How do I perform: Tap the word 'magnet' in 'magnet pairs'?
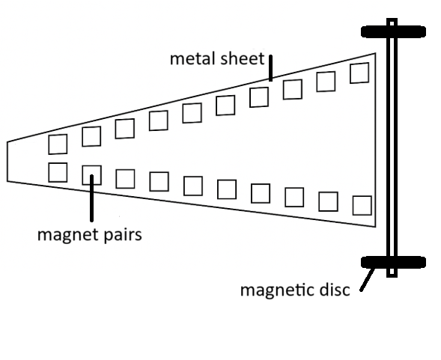[x=68, y=235]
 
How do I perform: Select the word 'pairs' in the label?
[x=123, y=235]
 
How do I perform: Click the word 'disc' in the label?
[x=335, y=290]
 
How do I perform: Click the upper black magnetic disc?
[x=393, y=31]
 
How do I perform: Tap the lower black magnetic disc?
[x=393, y=262]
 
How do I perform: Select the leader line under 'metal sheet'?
[x=270, y=68]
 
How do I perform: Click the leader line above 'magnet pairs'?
[x=91, y=198]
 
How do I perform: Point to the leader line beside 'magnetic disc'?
[x=368, y=280]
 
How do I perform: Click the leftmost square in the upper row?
[x=58, y=144]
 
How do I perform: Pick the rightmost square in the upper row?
[x=359, y=73]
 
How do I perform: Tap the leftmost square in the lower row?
[x=58, y=172]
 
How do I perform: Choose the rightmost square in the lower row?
[x=362, y=206]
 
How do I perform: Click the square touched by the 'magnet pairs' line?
[x=91, y=175]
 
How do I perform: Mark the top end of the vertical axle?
[x=392, y=19]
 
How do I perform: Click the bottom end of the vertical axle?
[x=392, y=276]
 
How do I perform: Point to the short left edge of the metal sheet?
[x=7, y=162]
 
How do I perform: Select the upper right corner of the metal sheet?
[x=375, y=53]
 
